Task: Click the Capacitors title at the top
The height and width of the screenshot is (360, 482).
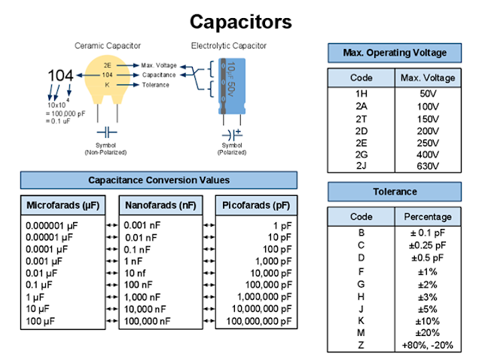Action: pyautogui.click(x=240, y=21)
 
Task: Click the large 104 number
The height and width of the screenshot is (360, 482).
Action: pyautogui.click(x=61, y=76)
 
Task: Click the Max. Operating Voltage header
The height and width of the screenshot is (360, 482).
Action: pyautogui.click(x=394, y=53)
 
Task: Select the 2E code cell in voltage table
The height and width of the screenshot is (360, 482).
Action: pyautogui.click(x=361, y=143)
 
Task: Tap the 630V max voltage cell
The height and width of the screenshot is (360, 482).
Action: pyautogui.click(x=429, y=166)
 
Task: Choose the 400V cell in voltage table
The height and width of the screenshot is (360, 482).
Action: pyautogui.click(x=429, y=154)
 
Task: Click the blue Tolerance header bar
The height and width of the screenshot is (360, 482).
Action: pyautogui.click(x=394, y=191)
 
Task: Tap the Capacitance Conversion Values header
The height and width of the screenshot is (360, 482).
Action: pyautogui.click(x=159, y=180)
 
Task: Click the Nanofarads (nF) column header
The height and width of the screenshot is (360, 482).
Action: pyautogui.click(x=160, y=205)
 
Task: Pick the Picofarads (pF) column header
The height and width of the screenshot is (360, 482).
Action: pyautogui.click(x=257, y=205)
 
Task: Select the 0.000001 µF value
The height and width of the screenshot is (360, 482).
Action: pyautogui.click(x=52, y=225)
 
